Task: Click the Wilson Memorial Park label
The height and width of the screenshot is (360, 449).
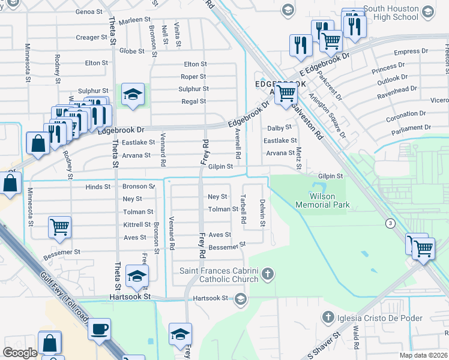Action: [x=322, y=200]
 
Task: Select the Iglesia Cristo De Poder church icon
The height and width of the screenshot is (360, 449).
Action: [x=328, y=317]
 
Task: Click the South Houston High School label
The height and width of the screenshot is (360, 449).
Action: [x=390, y=13]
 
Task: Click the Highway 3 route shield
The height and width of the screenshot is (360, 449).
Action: [x=391, y=223]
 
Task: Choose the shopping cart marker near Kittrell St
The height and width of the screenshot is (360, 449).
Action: [x=60, y=227]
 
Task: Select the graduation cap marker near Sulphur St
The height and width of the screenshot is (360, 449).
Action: [x=133, y=94]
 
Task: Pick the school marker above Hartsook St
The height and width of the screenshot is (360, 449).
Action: [x=138, y=276]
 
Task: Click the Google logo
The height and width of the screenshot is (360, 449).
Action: [x=20, y=353]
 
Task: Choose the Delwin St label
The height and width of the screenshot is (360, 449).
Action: [x=262, y=213]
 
